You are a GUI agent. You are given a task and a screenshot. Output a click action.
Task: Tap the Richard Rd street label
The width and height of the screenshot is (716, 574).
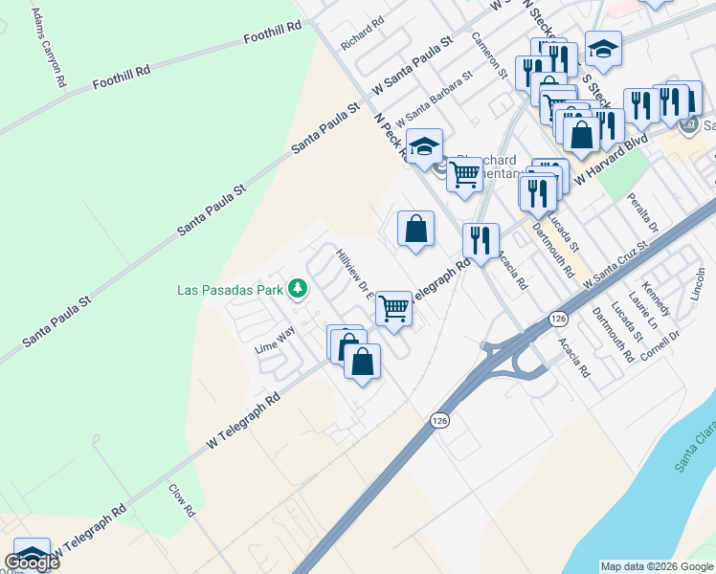click(361, 33)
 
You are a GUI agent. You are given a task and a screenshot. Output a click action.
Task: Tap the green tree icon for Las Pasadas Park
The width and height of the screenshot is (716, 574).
click(299, 288)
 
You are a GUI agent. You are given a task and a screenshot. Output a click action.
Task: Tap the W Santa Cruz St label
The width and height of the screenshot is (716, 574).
click(615, 263)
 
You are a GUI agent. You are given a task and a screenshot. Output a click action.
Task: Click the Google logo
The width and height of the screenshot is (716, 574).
click(32, 563)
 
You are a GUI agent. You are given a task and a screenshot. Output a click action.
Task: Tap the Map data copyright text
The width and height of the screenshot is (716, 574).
click(656, 566)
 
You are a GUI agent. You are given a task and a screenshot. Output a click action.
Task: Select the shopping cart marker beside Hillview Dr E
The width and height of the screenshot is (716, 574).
click(394, 309)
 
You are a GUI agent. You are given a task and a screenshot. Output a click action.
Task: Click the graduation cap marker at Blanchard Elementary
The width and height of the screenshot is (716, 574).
click(424, 147)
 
